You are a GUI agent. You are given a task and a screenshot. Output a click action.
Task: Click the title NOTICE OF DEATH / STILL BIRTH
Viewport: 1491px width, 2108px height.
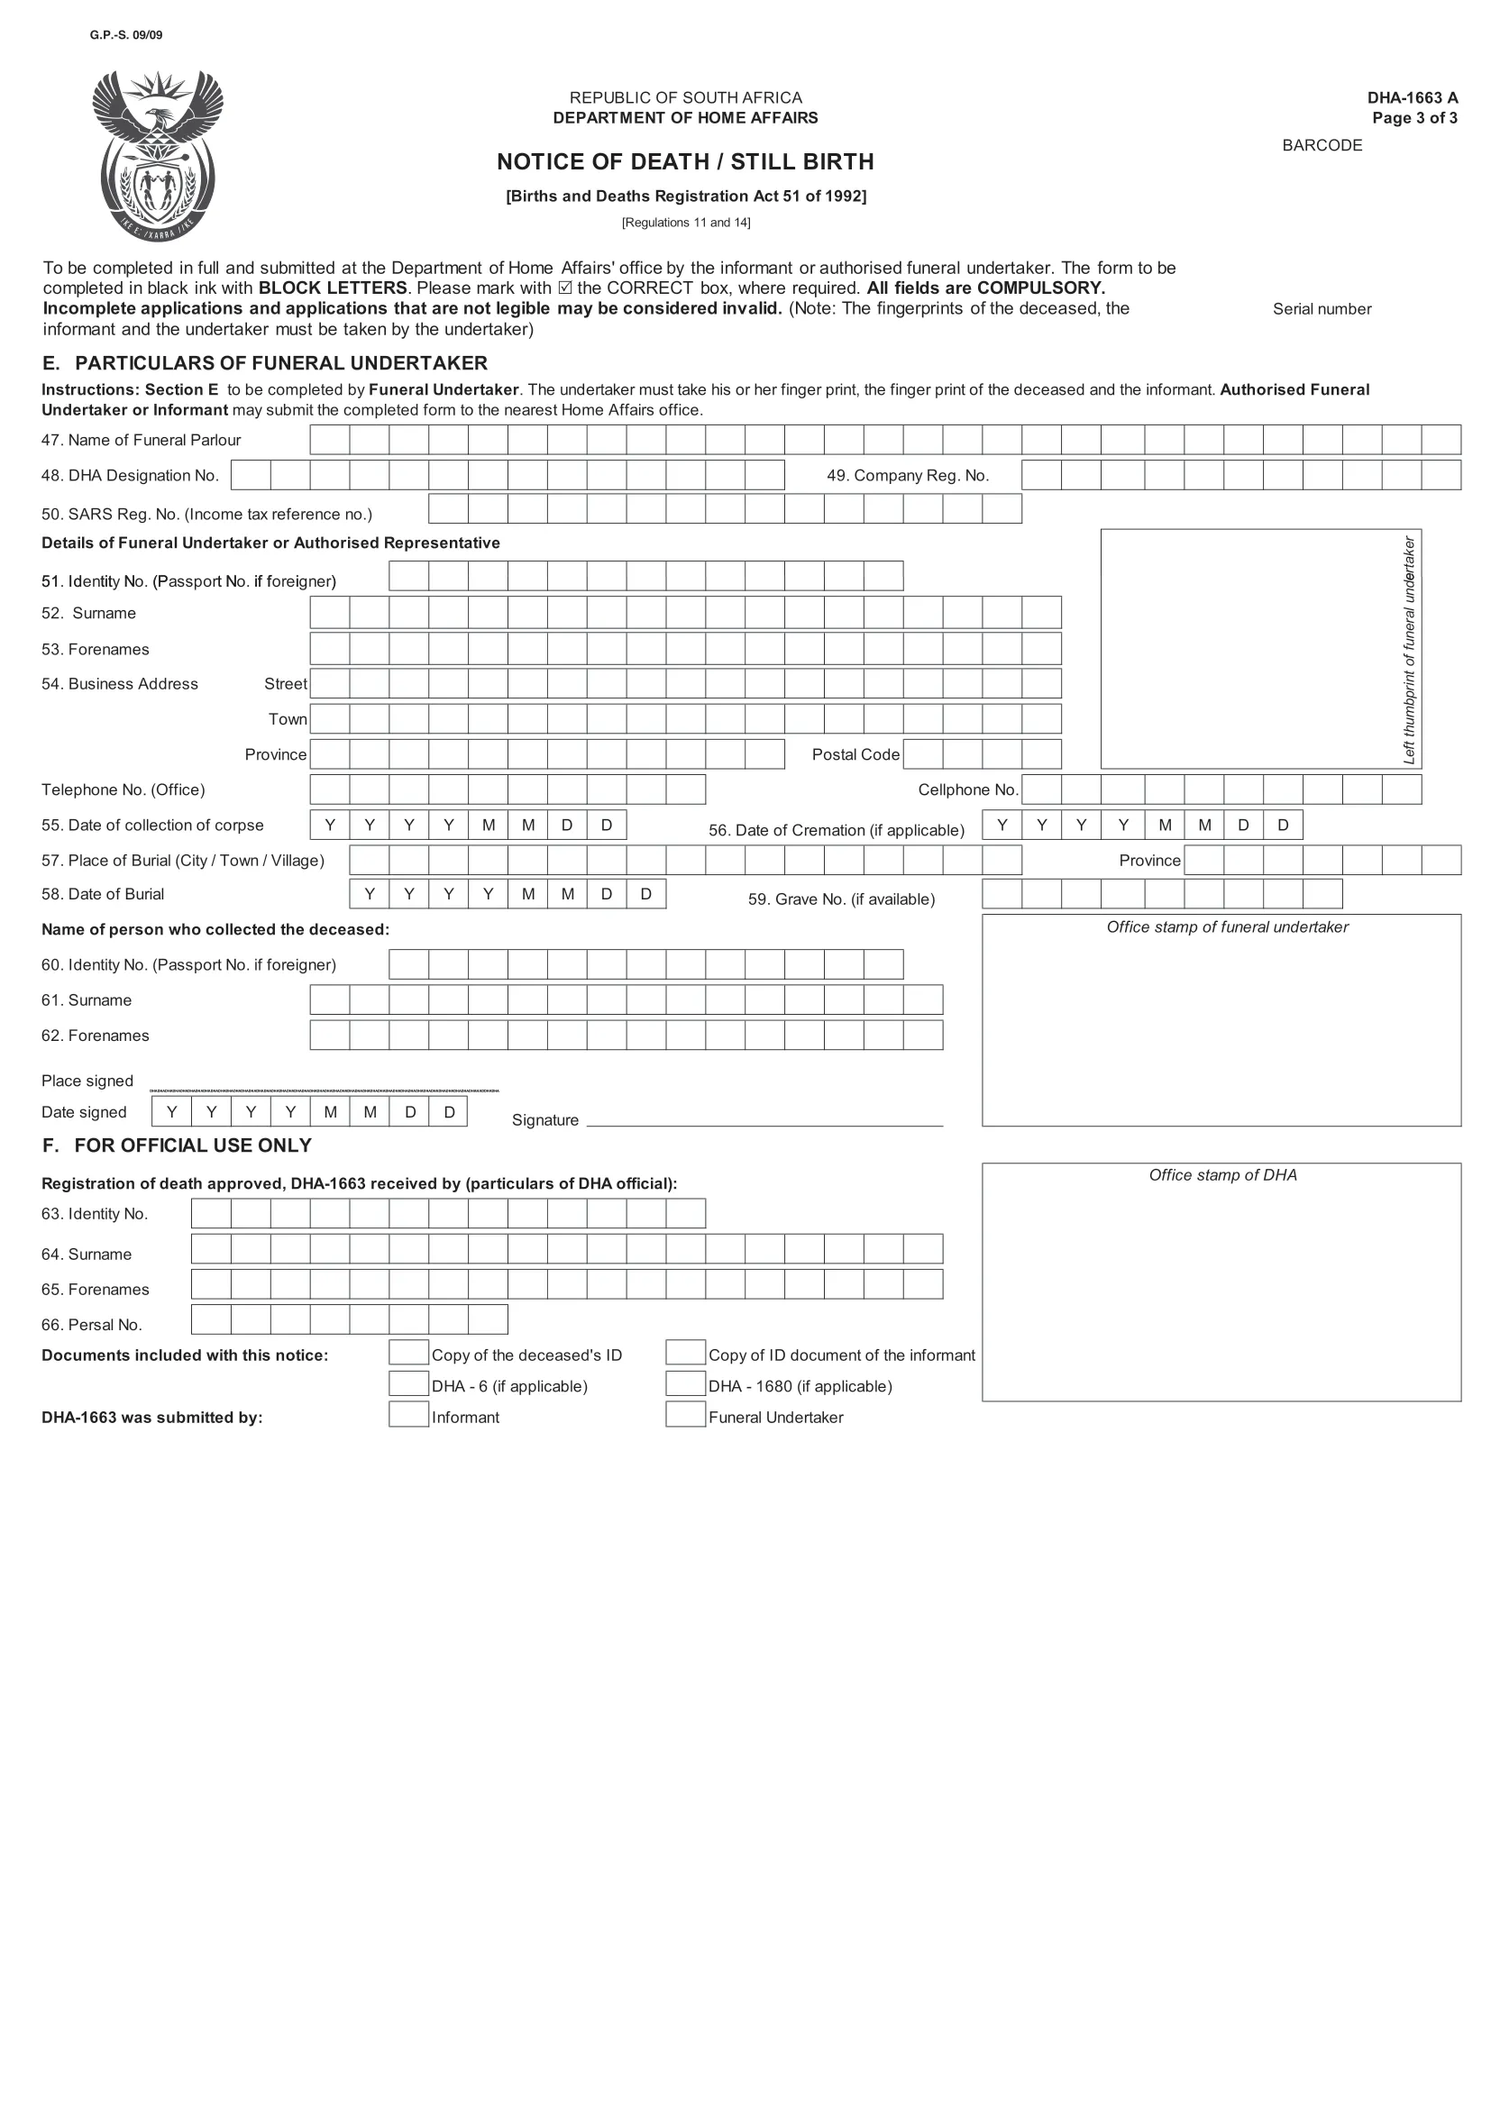pyautogui.click(x=685, y=161)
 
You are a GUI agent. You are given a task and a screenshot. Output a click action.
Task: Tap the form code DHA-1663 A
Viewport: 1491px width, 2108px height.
pyautogui.click(x=1411, y=97)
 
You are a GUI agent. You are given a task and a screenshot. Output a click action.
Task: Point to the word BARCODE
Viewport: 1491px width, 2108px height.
pyautogui.click(x=1322, y=145)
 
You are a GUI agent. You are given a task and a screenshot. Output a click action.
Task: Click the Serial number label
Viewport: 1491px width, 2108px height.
pyautogui.click(x=1322, y=309)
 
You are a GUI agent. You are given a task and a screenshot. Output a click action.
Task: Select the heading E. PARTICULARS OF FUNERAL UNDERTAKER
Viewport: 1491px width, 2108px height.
pyautogui.click(x=264, y=362)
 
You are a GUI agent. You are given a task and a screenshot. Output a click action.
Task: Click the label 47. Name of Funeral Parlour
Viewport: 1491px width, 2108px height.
pyautogui.click(x=141, y=440)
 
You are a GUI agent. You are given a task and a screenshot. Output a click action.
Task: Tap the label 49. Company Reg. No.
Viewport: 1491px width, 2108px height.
pyautogui.click(x=907, y=476)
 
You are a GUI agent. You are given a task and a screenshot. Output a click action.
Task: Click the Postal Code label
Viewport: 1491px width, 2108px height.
pyautogui.click(x=855, y=754)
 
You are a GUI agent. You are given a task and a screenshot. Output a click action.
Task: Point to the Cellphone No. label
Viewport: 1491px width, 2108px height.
pyautogui.click(x=967, y=789)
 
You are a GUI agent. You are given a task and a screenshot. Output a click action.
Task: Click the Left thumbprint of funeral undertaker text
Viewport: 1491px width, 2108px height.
pyautogui.click(x=1409, y=649)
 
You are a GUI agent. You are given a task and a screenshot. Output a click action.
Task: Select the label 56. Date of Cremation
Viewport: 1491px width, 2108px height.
pyautogui.click(x=836, y=830)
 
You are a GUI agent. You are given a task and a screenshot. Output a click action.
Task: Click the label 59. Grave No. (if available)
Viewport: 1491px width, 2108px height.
pyautogui.click(x=841, y=899)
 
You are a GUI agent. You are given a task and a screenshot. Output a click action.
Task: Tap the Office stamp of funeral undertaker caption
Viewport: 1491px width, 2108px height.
pyautogui.click(x=1227, y=927)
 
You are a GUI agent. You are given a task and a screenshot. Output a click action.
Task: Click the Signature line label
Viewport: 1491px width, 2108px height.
pyautogui.click(x=545, y=1120)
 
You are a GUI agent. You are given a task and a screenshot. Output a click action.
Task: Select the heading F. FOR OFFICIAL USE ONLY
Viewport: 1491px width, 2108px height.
pyautogui.click(x=178, y=1145)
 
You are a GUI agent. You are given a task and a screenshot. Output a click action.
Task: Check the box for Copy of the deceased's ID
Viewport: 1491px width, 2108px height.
pyautogui.click(x=408, y=1353)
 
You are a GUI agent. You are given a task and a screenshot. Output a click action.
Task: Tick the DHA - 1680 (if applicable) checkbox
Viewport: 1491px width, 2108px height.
pyautogui.click(x=685, y=1383)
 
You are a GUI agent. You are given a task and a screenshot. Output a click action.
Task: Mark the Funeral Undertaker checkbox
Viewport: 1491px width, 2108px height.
pyautogui.click(x=685, y=1415)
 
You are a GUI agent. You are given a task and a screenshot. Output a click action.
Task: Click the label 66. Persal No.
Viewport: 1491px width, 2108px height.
pyautogui.click(x=92, y=1325)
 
